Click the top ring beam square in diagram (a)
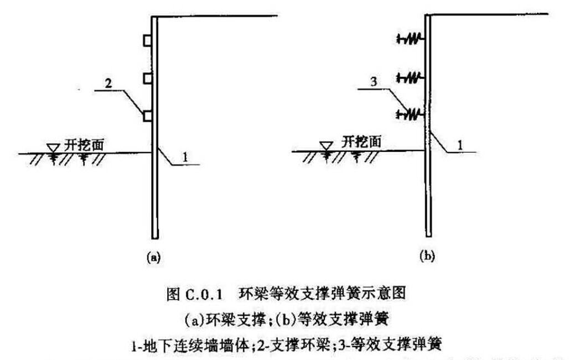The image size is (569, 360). click(147, 40)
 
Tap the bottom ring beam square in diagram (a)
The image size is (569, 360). click(147, 116)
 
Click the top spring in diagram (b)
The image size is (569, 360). click(410, 38)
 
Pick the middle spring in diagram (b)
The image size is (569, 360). click(410, 76)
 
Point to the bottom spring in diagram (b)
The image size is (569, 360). click(410, 114)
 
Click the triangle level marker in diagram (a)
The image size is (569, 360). click(54, 147)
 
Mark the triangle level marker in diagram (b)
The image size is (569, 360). click(327, 145)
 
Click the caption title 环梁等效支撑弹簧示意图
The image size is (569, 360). click(323, 294)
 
